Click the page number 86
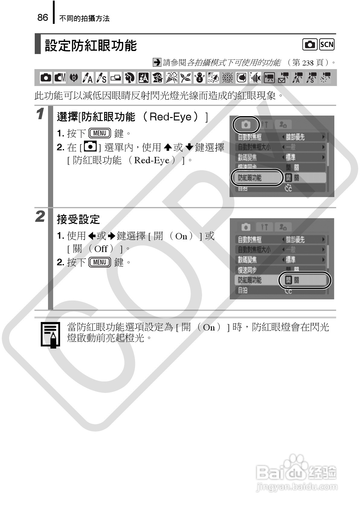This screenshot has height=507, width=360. pos(43,18)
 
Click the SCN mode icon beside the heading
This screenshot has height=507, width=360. pos(327,45)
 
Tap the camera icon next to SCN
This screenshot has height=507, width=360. pos(310,45)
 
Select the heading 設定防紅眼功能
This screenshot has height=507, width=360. pos(91,46)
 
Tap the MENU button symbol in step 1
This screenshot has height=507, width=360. pos(100,133)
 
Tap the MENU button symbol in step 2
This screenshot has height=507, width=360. pos(100,262)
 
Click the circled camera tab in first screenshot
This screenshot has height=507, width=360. pos(246,124)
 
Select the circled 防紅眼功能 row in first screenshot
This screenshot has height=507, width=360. pos(257,178)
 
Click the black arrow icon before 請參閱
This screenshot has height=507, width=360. pos(157,62)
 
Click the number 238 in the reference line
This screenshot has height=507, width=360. pos(308,63)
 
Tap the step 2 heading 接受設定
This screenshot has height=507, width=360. pos(78,219)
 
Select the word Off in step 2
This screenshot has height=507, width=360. pos(101,249)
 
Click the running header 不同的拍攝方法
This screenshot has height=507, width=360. pos(84,18)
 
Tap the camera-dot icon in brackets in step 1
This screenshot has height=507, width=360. pos(90,147)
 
